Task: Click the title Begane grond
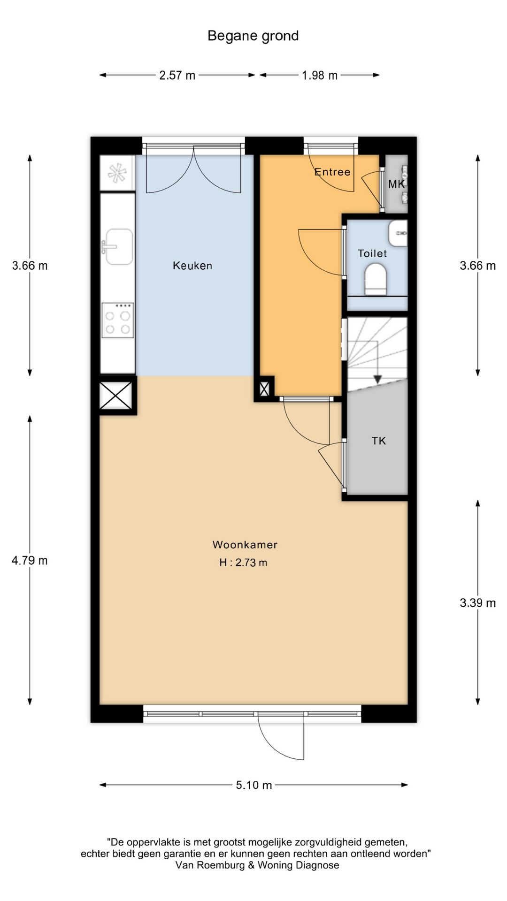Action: pos(253,36)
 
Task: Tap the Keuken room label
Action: pos(192,266)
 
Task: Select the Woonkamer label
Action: pos(245,545)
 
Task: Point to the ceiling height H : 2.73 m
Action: pos(243,563)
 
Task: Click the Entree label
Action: pos(332,172)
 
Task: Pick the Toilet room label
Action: pos(372,253)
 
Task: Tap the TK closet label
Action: pos(379,441)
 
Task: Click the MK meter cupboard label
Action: pos(396,184)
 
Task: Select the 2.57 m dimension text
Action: pos(177,75)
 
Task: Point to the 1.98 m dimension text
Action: pos(320,75)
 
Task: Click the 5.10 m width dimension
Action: pos(254,785)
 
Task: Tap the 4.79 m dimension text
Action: pos(30,560)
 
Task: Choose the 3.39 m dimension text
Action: pos(478,603)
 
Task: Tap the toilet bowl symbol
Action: pos(376,279)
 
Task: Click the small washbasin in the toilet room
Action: pos(398,233)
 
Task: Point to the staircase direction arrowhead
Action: pos(377,380)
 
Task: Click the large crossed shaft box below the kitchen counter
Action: pos(116,395)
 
